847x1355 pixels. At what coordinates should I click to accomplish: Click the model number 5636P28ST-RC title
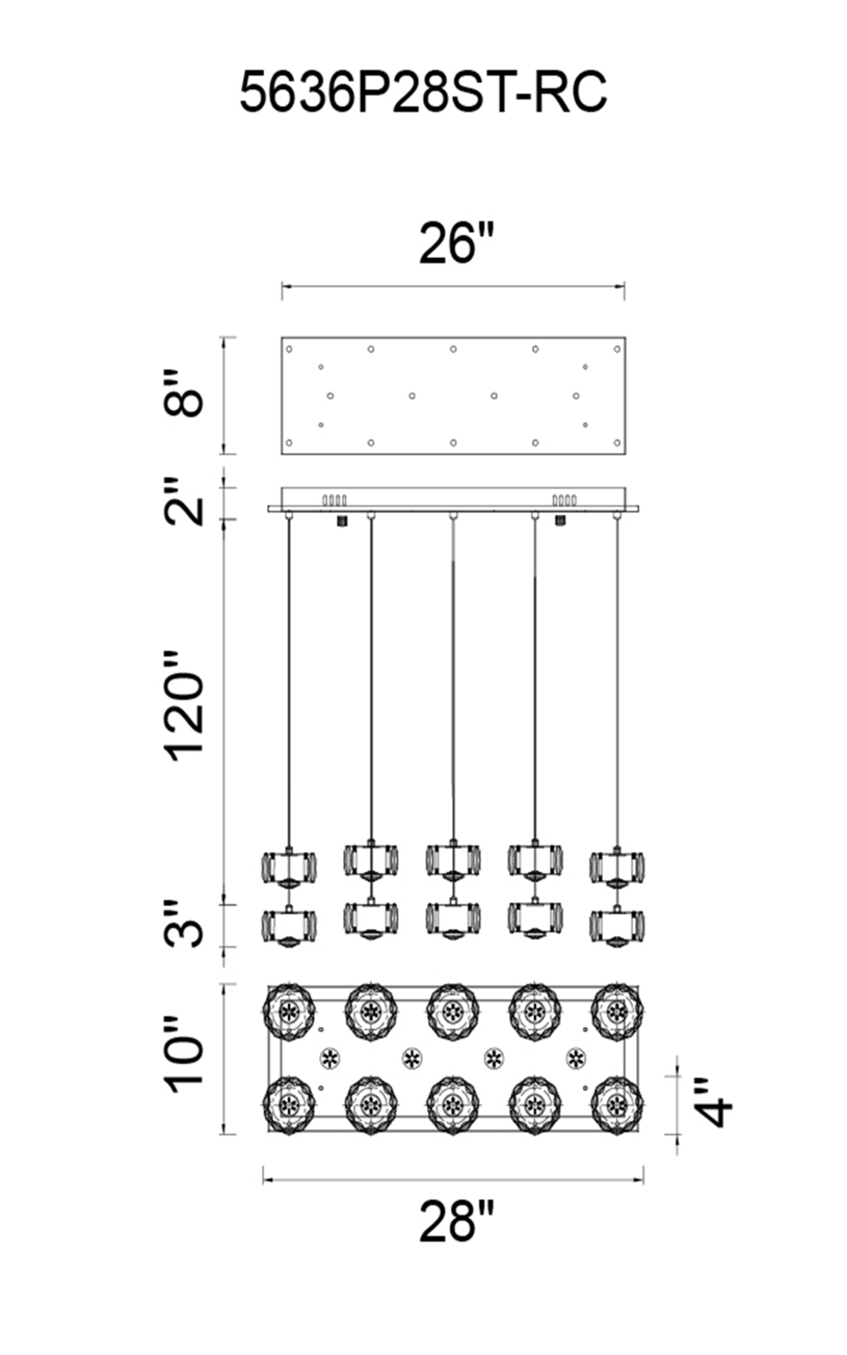pos(423,92)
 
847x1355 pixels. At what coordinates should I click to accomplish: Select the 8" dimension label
pos(183,395)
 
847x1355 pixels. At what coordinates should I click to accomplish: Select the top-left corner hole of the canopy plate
pos(289,349)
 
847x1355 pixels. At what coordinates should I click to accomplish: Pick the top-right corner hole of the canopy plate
pos(617,349)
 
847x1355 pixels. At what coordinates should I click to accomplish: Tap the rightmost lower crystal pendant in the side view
pos(617,926)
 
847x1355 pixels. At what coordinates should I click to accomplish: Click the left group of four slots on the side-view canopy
pos(334,501)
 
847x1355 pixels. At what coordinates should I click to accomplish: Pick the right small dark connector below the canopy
pos(560,520)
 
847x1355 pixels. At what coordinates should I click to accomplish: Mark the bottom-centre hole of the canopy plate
pos(453,443)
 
